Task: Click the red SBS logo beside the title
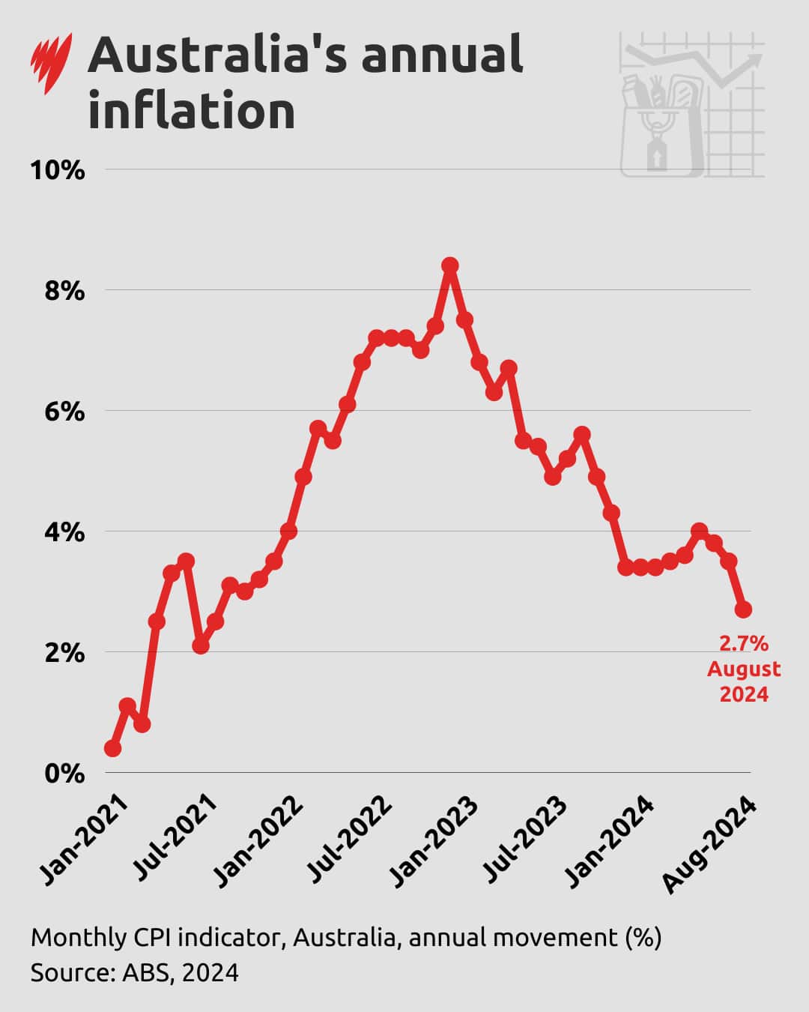[x=51, y=63]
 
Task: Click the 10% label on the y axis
[x=57, y=170]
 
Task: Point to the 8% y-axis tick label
[x=64, y=291]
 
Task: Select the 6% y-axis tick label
[x=64, y=412]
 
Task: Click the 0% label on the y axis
[x=64, y=774]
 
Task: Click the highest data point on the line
[x=449, y=265]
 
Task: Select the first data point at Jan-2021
[x=112, y=748]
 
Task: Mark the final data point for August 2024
[x=743, y=609]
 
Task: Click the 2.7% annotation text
[x=743, y=643]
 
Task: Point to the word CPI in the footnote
[x=155, y=937]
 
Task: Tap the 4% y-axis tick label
[x=64, y=532]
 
